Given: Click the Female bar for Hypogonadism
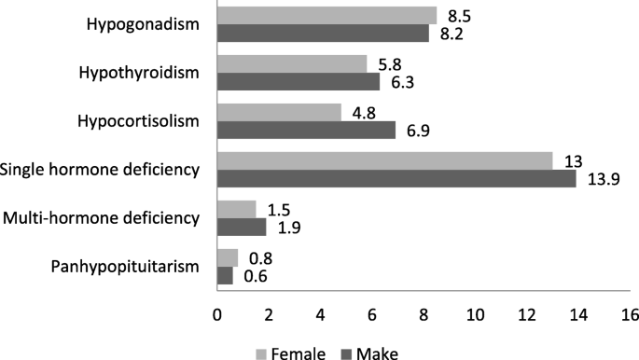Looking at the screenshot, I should click(326, 15).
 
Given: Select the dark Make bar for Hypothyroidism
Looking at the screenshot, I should click(299, 82).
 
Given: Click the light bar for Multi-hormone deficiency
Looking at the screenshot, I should click(236, 209).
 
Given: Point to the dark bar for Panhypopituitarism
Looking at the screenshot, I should click(225, 276).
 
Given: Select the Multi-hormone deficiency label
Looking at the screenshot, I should click(102, 218).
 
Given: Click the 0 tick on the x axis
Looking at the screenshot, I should click(217, 315).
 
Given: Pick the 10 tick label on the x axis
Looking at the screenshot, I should click(475, 315).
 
